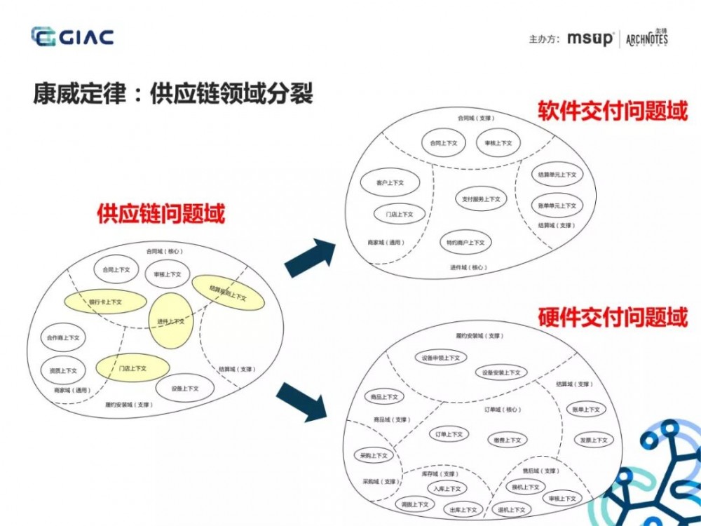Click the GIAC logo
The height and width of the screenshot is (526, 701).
tap(72, 36)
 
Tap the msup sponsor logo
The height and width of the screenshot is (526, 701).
tap(590, 39)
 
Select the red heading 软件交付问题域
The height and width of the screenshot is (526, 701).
tap(612, 110)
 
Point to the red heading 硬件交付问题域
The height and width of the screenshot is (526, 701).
tap(612, 317)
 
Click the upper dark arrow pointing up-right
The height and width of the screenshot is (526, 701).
tap(310, 257)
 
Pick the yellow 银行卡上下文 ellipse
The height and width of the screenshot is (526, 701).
tap(105, 302)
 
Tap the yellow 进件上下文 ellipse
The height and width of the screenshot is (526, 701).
tap(170, 321)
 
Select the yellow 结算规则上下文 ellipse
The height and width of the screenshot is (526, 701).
tap(228, 293)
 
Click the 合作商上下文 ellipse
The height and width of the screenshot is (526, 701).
tap(64, 338)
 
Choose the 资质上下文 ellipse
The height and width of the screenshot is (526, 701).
tap(63, 370)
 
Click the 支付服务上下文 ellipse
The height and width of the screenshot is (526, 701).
tap(481, 199)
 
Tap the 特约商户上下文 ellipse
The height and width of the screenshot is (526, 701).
tap(465, 243)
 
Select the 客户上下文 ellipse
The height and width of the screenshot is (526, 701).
tap(390, 182)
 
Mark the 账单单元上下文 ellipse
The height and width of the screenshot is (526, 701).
tap(557, 205)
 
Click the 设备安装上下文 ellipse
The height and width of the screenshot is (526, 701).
tap(501, 372)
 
